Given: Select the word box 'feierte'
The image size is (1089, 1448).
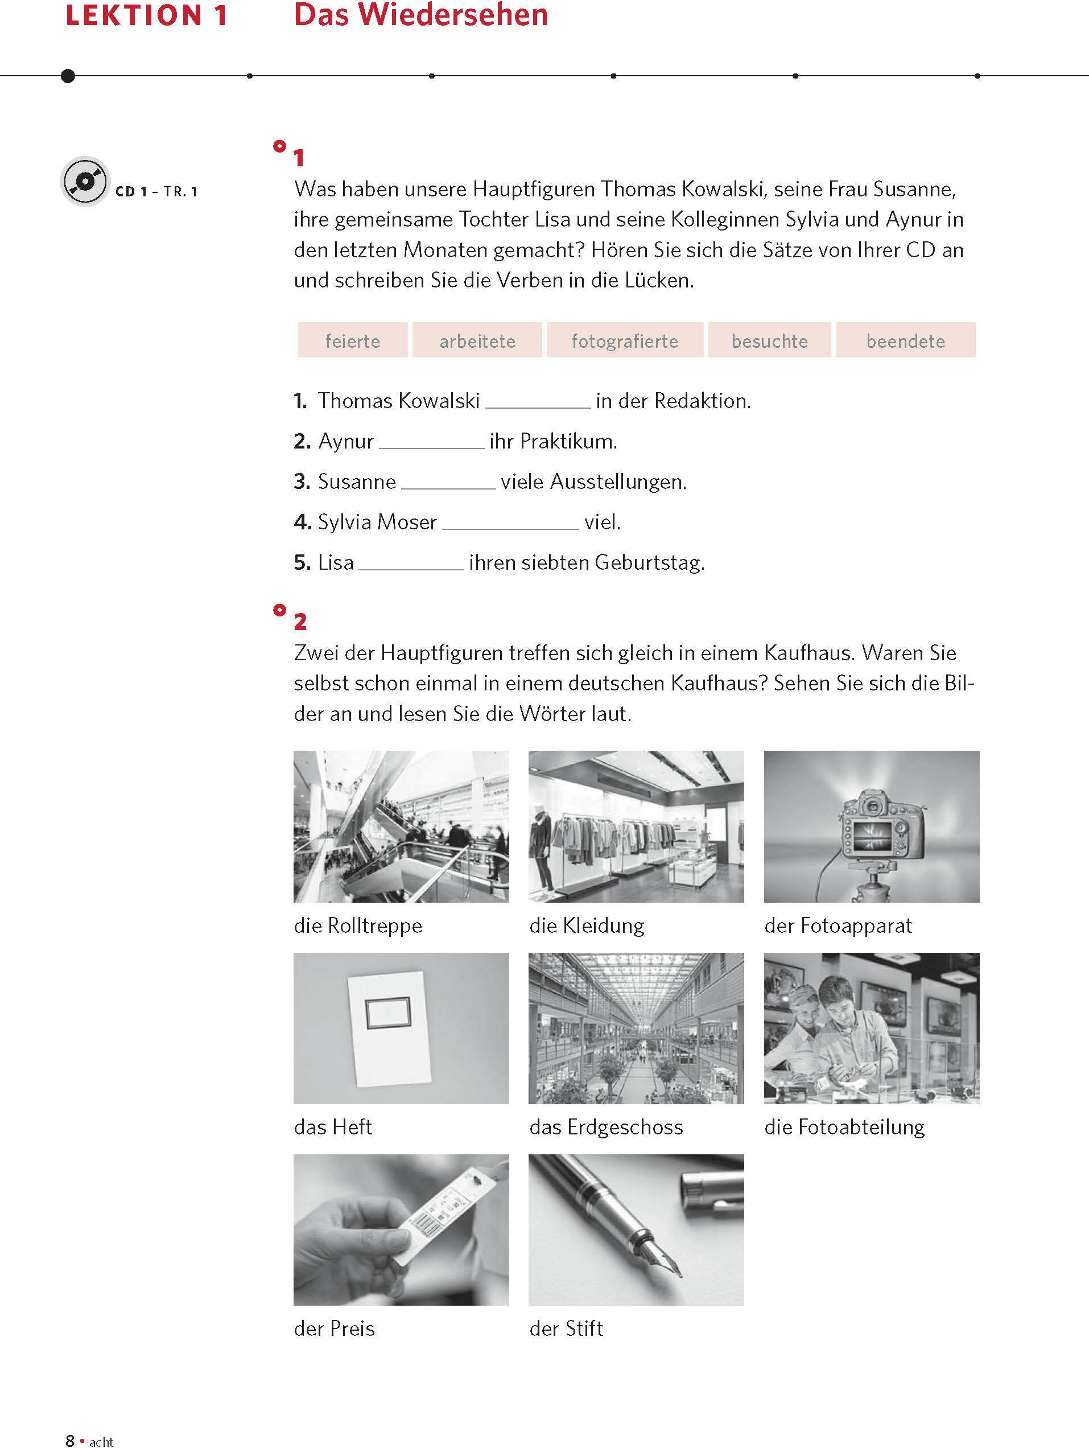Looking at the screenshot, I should (353, 340).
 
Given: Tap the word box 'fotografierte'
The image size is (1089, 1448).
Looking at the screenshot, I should (625, 340).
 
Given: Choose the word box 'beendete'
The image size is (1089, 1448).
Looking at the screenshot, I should (905, 340).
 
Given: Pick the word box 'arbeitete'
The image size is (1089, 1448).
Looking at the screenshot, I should (477, 340).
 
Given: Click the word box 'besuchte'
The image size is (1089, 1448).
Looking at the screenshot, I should (770, 340).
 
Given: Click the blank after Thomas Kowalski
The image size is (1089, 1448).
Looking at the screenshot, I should (538, 402).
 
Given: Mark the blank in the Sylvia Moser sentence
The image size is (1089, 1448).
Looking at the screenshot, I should (510, 523).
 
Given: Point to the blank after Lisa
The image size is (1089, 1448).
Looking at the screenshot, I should (411, 563).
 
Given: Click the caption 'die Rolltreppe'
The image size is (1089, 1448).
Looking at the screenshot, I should (358, 925).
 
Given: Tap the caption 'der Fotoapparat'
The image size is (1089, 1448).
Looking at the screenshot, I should (838, 925).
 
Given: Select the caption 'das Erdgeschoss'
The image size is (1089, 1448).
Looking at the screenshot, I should (606, 1127).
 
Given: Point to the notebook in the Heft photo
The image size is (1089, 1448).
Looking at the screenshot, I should (389, 1028).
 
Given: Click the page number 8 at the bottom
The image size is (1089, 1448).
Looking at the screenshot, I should (70, 1440).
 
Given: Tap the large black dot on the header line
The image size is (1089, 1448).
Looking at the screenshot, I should (67, 76).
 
